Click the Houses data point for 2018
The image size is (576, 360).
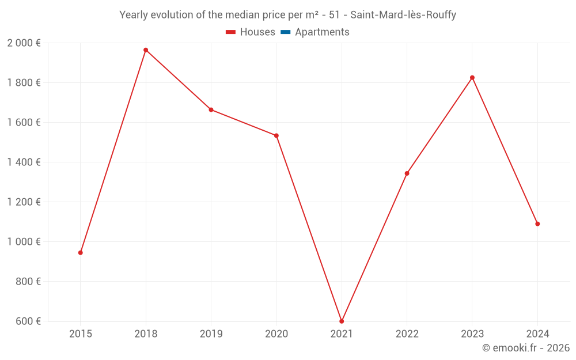tap(146, 50)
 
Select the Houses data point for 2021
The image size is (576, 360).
tap(342, 321)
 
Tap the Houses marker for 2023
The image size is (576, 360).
tap(472, 78)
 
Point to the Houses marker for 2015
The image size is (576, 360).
tap(81, 253)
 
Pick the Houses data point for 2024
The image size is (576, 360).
tap(537, 224)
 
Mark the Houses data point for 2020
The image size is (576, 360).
tap(276, 136)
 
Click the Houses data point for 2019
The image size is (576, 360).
tap(211, 110)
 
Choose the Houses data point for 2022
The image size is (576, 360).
tap(407, 173)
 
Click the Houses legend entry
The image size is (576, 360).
tap(251, 32)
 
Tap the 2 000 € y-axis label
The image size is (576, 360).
tap(24, 43)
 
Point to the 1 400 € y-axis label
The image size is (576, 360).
tap(24, 162)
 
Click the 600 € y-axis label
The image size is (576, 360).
tap(28, 321)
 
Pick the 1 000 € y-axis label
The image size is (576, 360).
tap(24, 242)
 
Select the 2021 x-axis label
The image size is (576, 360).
tap(342, 334)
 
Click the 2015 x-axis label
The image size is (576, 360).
tap(81, 334)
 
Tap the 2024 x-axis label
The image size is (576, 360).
tap(537, 334)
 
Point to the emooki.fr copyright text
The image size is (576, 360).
tap(526, 348)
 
